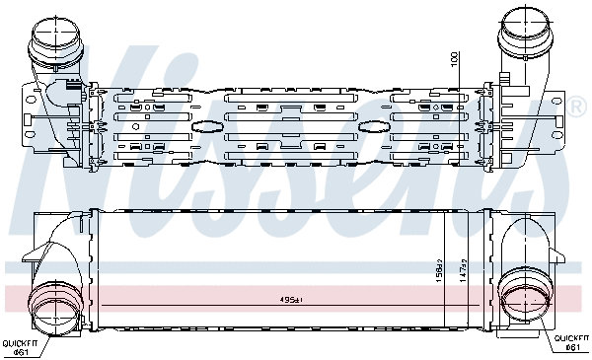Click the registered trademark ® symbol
pyautogui.click(x=577, y=104)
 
